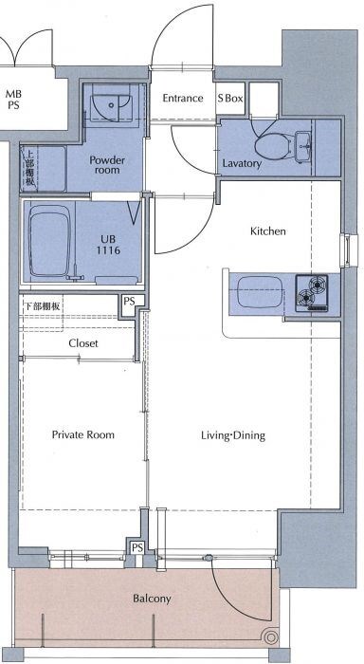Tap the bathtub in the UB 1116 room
[x=49, y=241]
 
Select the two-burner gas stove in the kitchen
[x=312, y=293]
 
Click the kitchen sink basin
[x=260, y=292]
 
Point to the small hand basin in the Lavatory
[x=303, y=146]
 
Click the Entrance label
[x=183, y=99]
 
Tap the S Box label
[x=230, y=99]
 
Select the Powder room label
[x=107, y=165]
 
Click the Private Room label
[x=83, y=434]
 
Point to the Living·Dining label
[x=233, y=435]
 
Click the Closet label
[x=83, y=343]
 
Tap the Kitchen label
[x=268, y=231]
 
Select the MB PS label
[x=13, y=100]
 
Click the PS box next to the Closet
[x=129, y=302]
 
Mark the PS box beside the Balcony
[x=136, y=547]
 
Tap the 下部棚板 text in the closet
[x=41, y=306]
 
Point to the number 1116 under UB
[x=108, y=250]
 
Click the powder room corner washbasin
[x=111, y=103]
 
